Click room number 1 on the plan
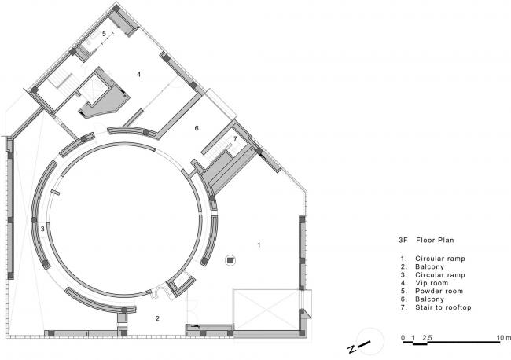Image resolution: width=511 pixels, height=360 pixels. click(259, 244)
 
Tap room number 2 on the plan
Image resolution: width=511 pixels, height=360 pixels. click(157, 318)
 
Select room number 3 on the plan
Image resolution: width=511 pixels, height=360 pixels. click(42, 229)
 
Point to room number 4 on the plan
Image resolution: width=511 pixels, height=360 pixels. click(139, 75)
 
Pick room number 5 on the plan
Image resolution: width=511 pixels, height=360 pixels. click(104, 34)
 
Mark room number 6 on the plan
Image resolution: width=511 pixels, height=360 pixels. click(197, 128)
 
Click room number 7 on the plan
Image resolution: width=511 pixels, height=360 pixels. click(235, 139)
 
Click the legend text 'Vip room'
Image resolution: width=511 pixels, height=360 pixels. click(432, 283)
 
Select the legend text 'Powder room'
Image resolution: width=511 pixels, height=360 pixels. click(439, 292)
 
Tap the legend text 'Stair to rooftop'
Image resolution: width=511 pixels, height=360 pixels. click(443, 307)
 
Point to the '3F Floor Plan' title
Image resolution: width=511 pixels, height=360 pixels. click(426, 241)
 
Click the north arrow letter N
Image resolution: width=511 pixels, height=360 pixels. click(351, 350)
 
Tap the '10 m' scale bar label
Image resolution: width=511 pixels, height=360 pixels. click(504, 338)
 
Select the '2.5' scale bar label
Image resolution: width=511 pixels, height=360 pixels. click(427, 338)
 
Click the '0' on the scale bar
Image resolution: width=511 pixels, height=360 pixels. click(403, 338)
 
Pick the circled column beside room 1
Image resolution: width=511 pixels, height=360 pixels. click(230, 260)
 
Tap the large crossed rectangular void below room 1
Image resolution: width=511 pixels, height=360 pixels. click(267, 309)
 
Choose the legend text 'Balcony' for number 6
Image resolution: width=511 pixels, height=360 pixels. click(429, 299)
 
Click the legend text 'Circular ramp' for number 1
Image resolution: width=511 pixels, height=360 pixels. click(440, 259)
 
